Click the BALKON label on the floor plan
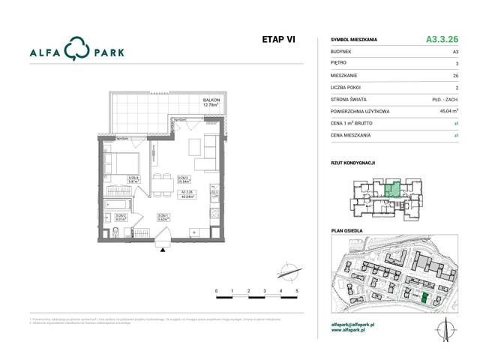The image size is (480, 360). pos(211,100)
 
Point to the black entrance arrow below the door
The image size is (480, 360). pos(159,251)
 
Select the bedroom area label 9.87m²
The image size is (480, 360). pos(134,180)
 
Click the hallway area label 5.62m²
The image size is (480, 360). pos(161,219)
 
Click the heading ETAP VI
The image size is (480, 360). pos(278,40)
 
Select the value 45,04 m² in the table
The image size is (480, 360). pos(448,111)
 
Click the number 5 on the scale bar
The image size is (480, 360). pos(297,289)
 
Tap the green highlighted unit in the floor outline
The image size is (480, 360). pos(391,189)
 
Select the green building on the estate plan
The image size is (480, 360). pos(424,299)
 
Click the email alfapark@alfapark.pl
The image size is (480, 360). pos(353,324)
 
